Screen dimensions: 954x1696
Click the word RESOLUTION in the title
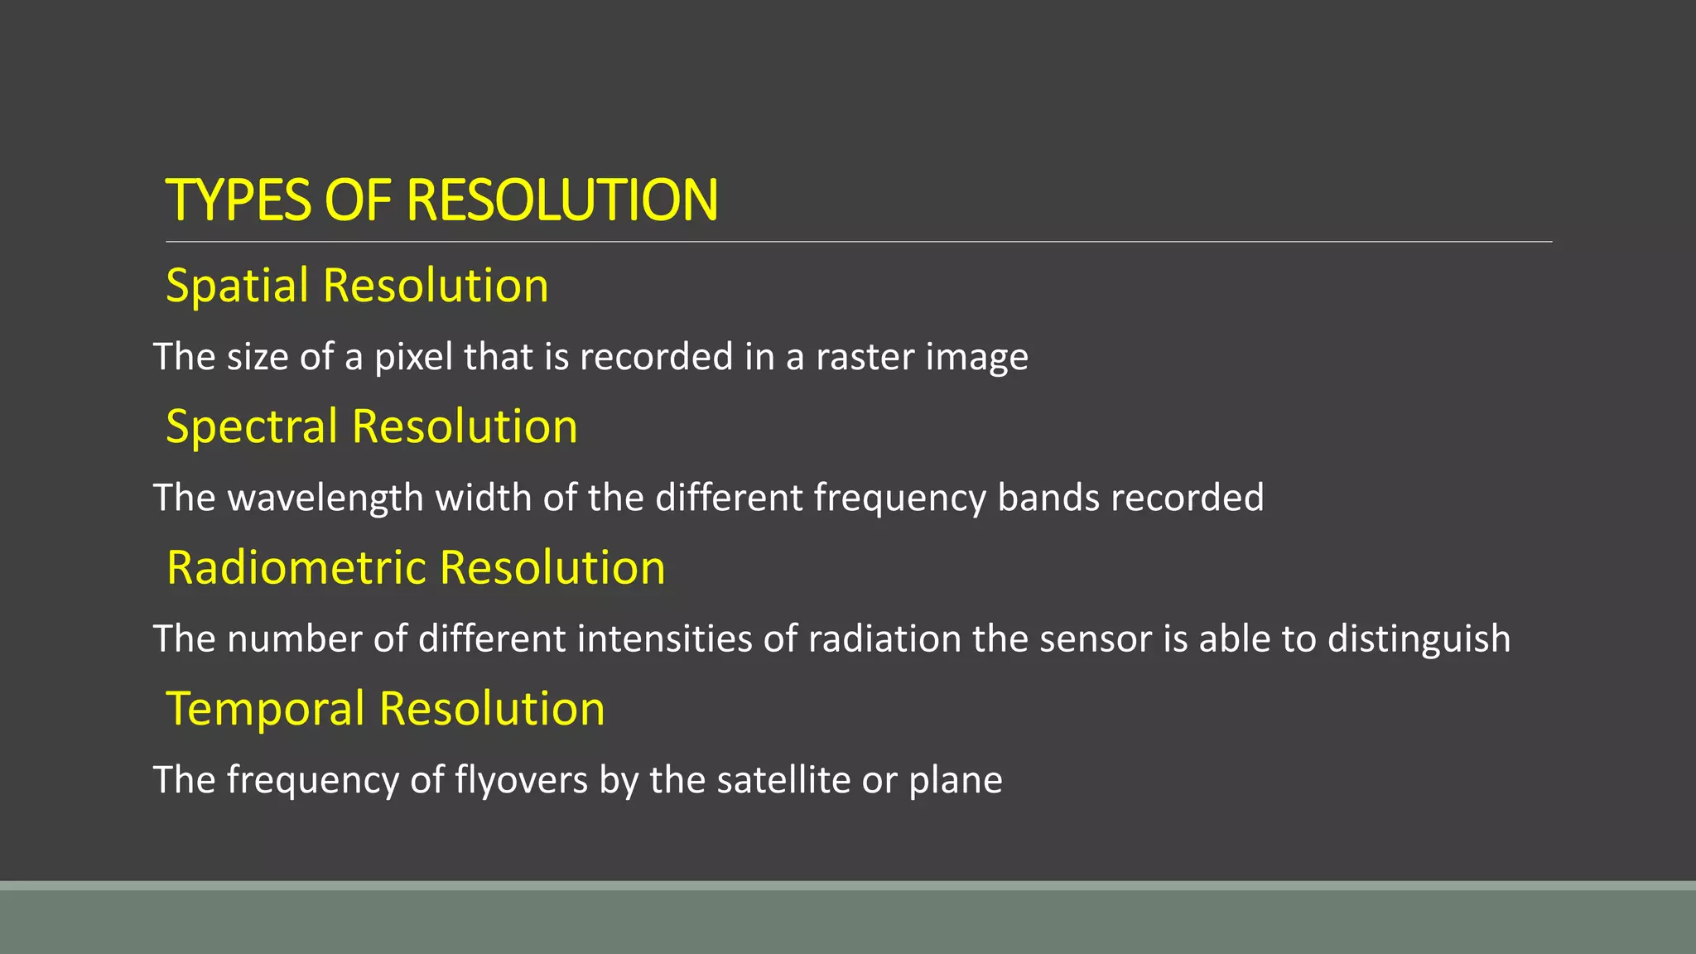point(562,200)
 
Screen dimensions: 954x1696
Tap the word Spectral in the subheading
point(252,426)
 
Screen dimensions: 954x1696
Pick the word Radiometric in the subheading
point(296,568)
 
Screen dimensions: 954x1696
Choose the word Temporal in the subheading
point(266,709)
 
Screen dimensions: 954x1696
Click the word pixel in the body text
point(413,357)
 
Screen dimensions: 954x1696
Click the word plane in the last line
point(956,780)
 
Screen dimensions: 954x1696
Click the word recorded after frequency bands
point(1187,498)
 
